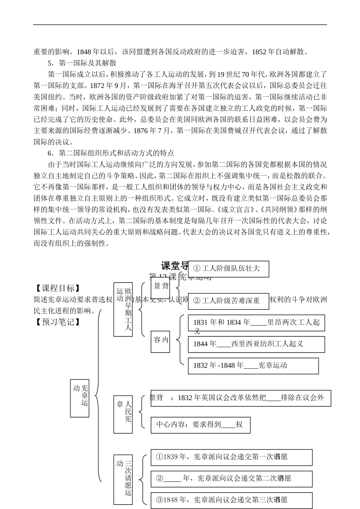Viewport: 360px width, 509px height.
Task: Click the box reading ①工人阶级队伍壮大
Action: pyautogui.click(x=229, y=269)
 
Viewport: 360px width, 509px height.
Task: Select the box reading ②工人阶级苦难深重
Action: pyautogui.click(x=229, y=301)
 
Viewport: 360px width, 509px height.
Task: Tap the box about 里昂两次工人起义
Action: pyautogui.click(x=257, y=323)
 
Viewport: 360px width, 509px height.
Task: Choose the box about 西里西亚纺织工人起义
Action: pyautogui.click(x=257, y=344)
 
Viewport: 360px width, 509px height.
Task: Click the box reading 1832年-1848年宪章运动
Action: pyautogui.click(x=253, y=366)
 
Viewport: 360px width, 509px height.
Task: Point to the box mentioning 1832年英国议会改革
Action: pyautogui.click(x=241, y=398)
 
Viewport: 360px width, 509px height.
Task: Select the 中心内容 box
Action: pyautogui.click(x=200, y=425)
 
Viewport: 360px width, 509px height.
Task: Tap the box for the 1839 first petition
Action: pyautogui.click(x=232, y=457)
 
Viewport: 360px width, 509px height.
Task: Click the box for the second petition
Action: pyautogui.click(x=232, y=479)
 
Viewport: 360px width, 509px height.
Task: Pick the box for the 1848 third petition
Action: pyautogui.click(x=232, y=500)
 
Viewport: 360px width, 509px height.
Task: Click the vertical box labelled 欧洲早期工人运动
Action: pyautogui.click(x=123, y=309)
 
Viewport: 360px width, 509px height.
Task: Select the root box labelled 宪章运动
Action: pyautogui.click(x=80, y=398)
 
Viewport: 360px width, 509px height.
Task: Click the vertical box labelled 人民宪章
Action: pyautogui.click(x=123, y=414)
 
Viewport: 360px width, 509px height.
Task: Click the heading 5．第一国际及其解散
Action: pyautogui.click(x=82, y=63)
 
